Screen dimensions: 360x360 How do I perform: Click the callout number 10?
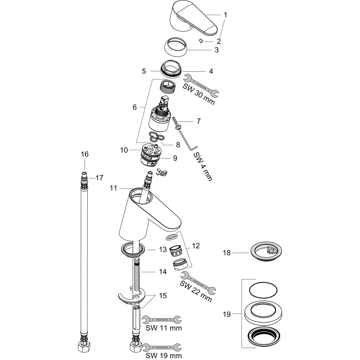coord(124,150)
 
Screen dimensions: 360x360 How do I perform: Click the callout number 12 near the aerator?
coord(196,246)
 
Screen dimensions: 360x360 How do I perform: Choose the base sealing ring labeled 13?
coord(133,250)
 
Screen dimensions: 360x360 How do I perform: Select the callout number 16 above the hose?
coord(85,154)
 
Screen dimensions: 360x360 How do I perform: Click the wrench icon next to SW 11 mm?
coord(162,320)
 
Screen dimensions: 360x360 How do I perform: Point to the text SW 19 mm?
coord(164,355)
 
